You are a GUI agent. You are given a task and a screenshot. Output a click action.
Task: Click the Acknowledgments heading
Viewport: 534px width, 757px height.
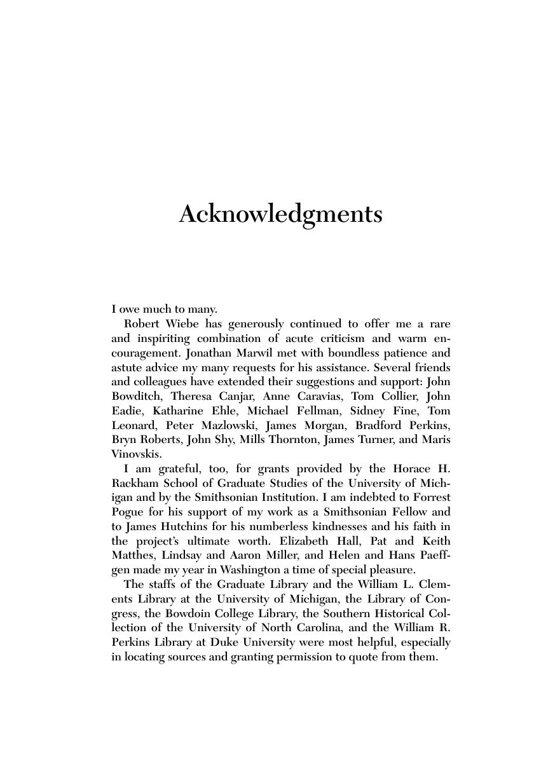coord(280,215)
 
